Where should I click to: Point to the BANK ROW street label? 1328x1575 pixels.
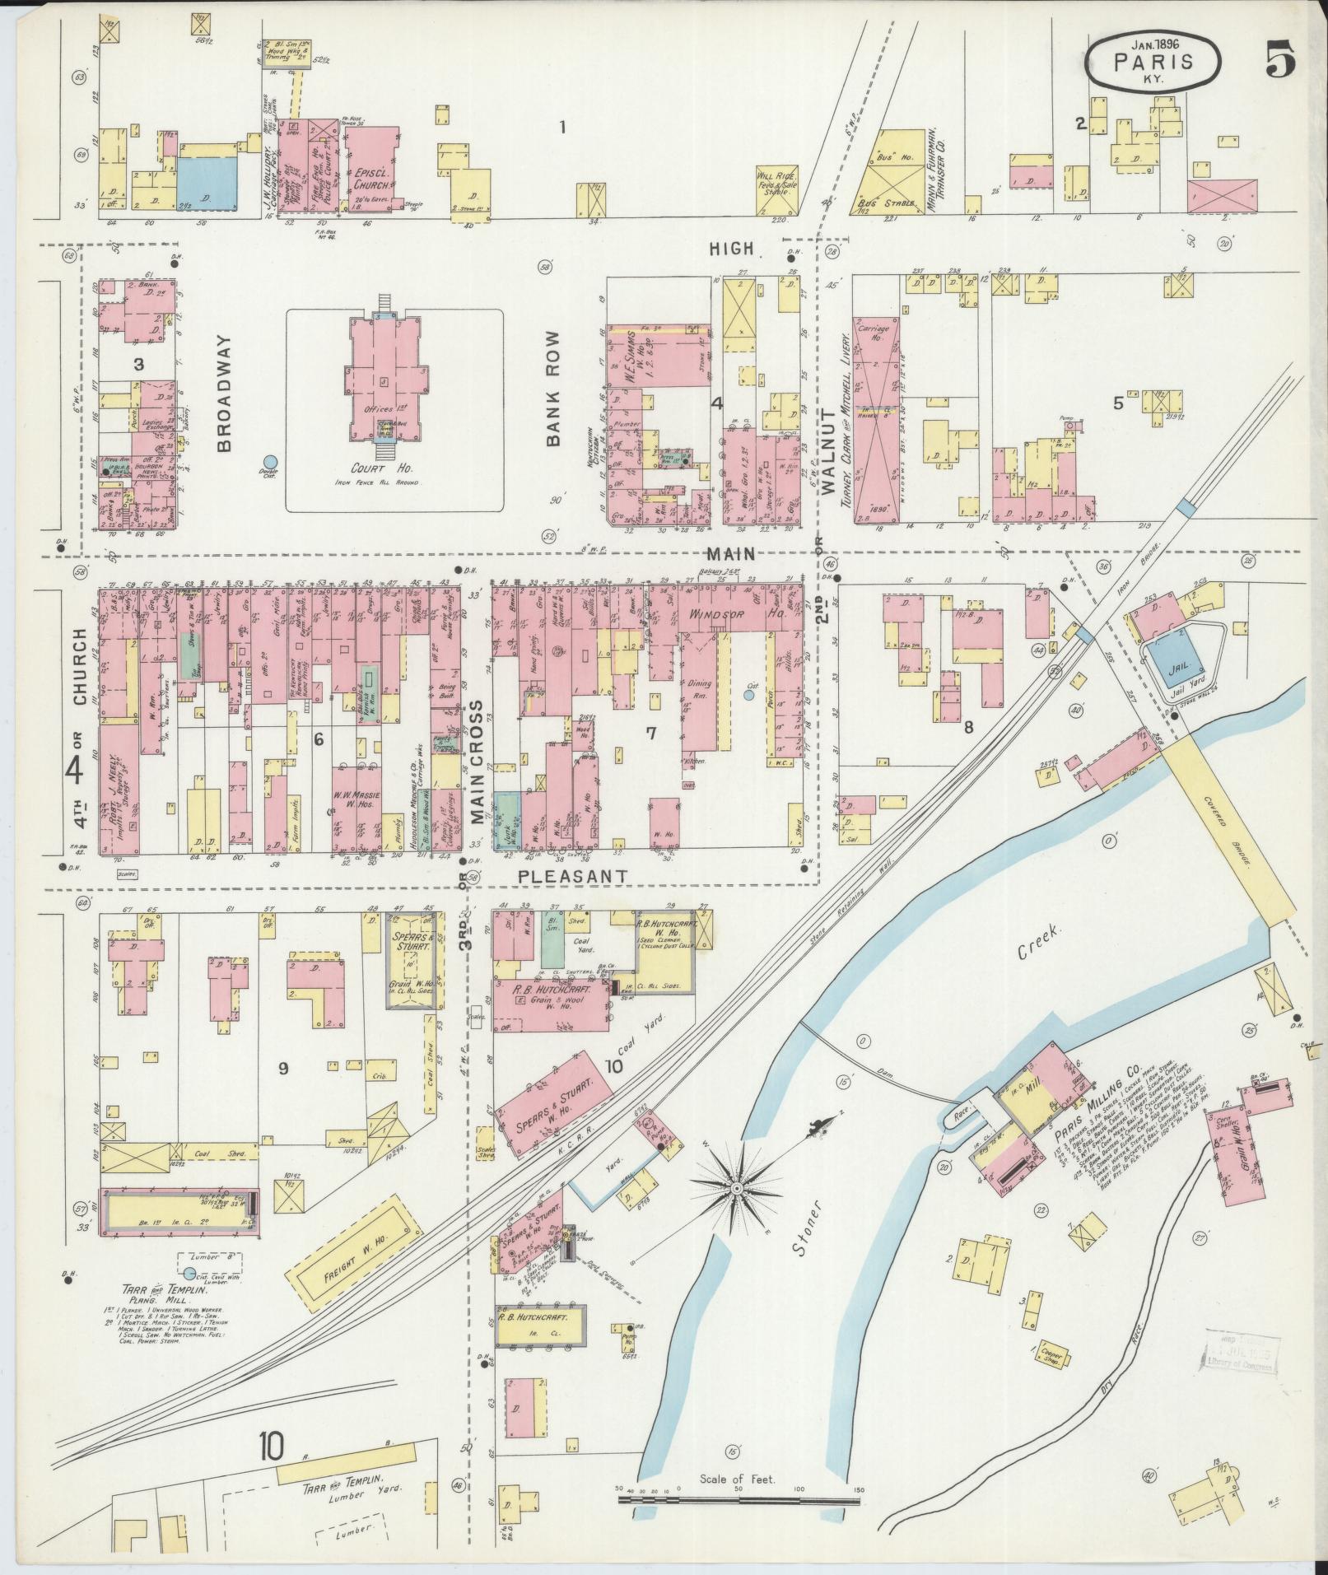(x=553, y=389)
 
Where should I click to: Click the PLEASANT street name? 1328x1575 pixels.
(x=574, y=876)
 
